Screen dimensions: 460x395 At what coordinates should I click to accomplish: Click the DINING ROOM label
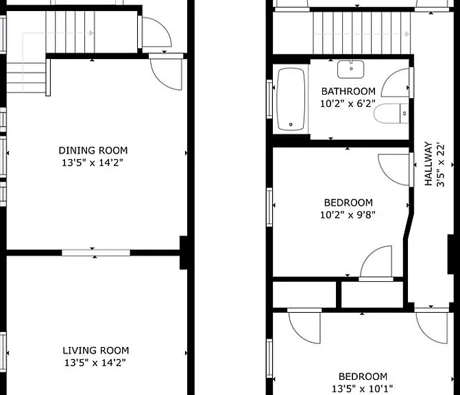(x=93, y=150)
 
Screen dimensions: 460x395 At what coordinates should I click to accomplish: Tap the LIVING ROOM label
(x=96, y=350)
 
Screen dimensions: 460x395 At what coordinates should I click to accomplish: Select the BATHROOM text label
(x=348, y=91)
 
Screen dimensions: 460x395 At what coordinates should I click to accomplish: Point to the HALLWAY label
(x=428, y=164)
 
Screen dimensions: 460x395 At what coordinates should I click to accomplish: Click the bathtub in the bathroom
(x=291, y=99)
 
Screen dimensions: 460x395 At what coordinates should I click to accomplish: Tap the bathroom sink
(x=351, y=69)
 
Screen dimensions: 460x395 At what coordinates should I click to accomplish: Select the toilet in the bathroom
(x=391, y=114)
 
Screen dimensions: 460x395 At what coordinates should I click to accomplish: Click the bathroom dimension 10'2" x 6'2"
(x=348, y=104)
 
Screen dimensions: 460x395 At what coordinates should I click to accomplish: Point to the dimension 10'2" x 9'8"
(x=348, y=215)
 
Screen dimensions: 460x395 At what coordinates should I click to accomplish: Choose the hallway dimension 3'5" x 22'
(x=441, y=165)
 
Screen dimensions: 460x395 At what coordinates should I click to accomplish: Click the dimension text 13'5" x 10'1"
(x=362, y=389)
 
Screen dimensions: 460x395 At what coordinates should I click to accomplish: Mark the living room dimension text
(x=95, y=363)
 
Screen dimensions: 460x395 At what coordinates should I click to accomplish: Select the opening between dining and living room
(x=96, y=252)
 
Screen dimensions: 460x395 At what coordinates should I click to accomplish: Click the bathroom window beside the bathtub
(x=269, y=99)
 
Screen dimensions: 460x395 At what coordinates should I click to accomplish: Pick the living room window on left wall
(x=3, y=352)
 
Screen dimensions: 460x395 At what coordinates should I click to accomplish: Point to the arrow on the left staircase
(x=58, y=33)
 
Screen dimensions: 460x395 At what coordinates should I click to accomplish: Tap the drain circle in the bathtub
(x=291, y=124)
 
